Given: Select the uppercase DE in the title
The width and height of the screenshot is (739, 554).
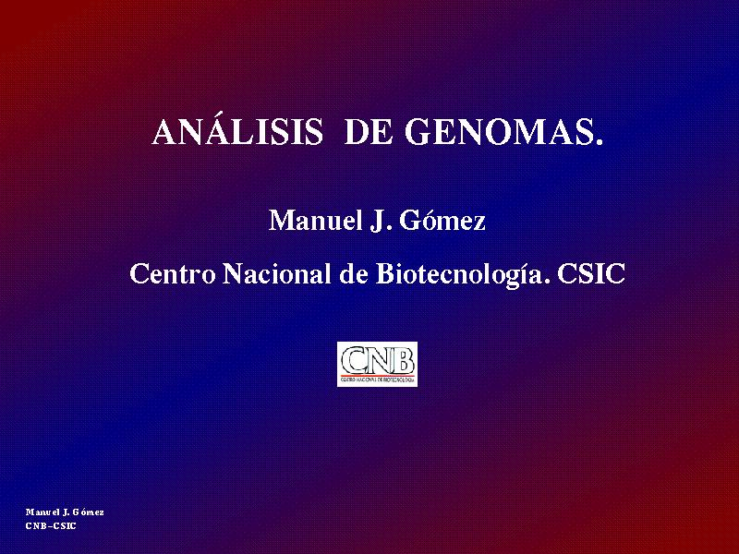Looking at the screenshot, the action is pyautogui.click(x=369, y=132).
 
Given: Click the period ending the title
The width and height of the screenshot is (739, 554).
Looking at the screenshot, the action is pyautogui.click(x=599, y=140).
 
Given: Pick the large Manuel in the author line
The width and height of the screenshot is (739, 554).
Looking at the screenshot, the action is pyautogui.click(x=315, y=220).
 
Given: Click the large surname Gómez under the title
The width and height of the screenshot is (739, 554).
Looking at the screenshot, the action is pyautogui.click(x=442, y=221).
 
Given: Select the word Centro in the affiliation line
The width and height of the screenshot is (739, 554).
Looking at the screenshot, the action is pyautogui.click(x=173, y=273).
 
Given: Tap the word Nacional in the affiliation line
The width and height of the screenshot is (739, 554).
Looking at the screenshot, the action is pyautogui.click(x=276, y=272).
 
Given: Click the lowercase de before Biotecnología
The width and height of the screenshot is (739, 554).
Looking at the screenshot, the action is pyautogui.click(x=354, y=272).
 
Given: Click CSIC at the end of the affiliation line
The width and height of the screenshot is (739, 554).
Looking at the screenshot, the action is pyautogui.click(x=591, y=273).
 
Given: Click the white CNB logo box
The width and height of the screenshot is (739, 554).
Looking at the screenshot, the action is pyautogui.click(x=377, y=364).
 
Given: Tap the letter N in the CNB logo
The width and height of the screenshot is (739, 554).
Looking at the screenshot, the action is pyautogui.click(x=379, y=360).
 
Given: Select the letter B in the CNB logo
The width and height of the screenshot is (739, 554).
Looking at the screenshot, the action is pyautogui.click(x=405, y=360).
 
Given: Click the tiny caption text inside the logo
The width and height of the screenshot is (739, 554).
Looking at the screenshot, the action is pyautogui.click(x=378, y=379).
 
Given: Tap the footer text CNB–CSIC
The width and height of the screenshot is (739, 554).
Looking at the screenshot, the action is pyautogui.click(x=51, y=526).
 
